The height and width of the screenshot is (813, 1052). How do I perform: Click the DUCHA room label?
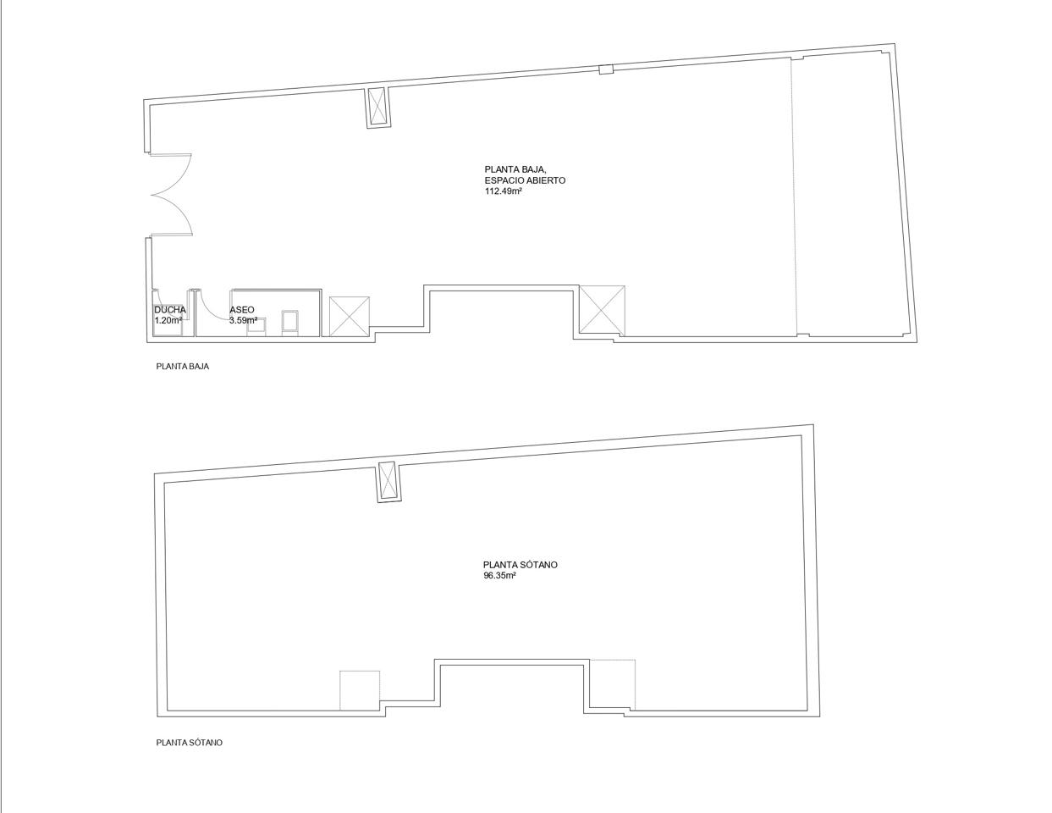[x=170, y=310]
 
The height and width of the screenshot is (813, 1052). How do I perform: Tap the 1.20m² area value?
[x=168, y=320]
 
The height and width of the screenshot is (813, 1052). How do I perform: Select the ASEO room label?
[x=241, y=310]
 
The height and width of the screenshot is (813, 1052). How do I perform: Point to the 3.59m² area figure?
[x=243, y=320]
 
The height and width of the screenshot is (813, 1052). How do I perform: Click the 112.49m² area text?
[x=503, y=191]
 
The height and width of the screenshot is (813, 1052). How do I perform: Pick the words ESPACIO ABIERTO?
[x=525, y=180]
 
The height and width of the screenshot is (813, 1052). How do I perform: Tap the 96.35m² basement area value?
[x=499, y=575]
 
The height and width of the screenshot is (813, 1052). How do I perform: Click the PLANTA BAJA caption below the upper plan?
[x=183, y=367]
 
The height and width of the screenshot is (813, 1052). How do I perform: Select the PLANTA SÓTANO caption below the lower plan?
[x=190, y=743]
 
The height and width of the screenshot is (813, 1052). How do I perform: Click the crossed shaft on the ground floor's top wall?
[x=377, y=108]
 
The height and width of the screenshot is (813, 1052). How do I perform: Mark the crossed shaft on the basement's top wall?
[x=388, y=481]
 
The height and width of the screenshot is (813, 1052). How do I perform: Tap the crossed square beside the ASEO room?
[x=349, y=316]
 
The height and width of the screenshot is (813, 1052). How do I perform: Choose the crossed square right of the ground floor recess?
[x=602, y=311]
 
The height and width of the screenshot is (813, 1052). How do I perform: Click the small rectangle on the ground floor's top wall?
[x=606, y=69]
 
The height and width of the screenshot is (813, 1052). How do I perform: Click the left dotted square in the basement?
[x=360, y=690]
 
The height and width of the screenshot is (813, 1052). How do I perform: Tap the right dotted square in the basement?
[x=613, y=684]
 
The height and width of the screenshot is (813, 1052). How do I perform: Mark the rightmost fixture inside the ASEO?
[x=290, y=323]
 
